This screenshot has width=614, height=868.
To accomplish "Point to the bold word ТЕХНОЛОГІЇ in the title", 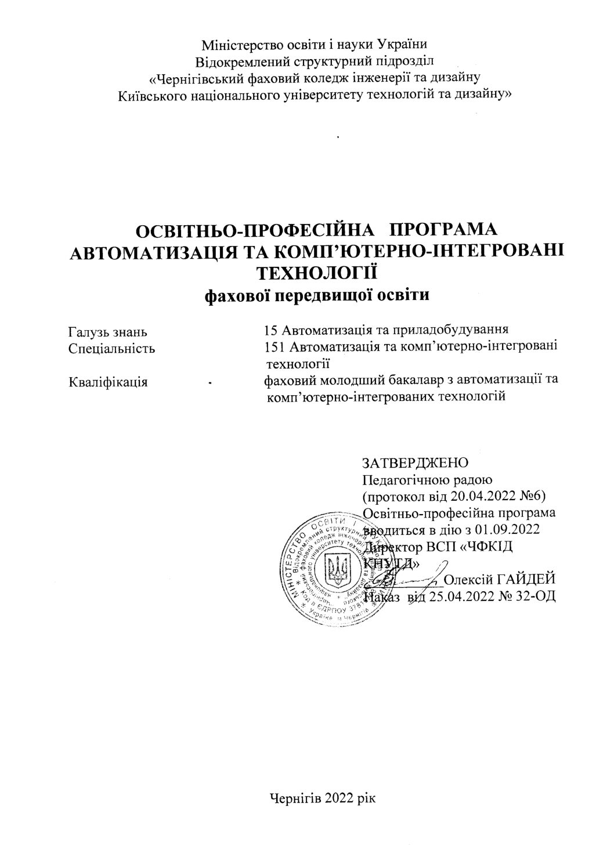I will [317, 272].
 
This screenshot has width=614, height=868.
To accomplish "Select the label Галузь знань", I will [107, 332].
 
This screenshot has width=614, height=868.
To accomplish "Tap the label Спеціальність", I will [111, 349].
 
